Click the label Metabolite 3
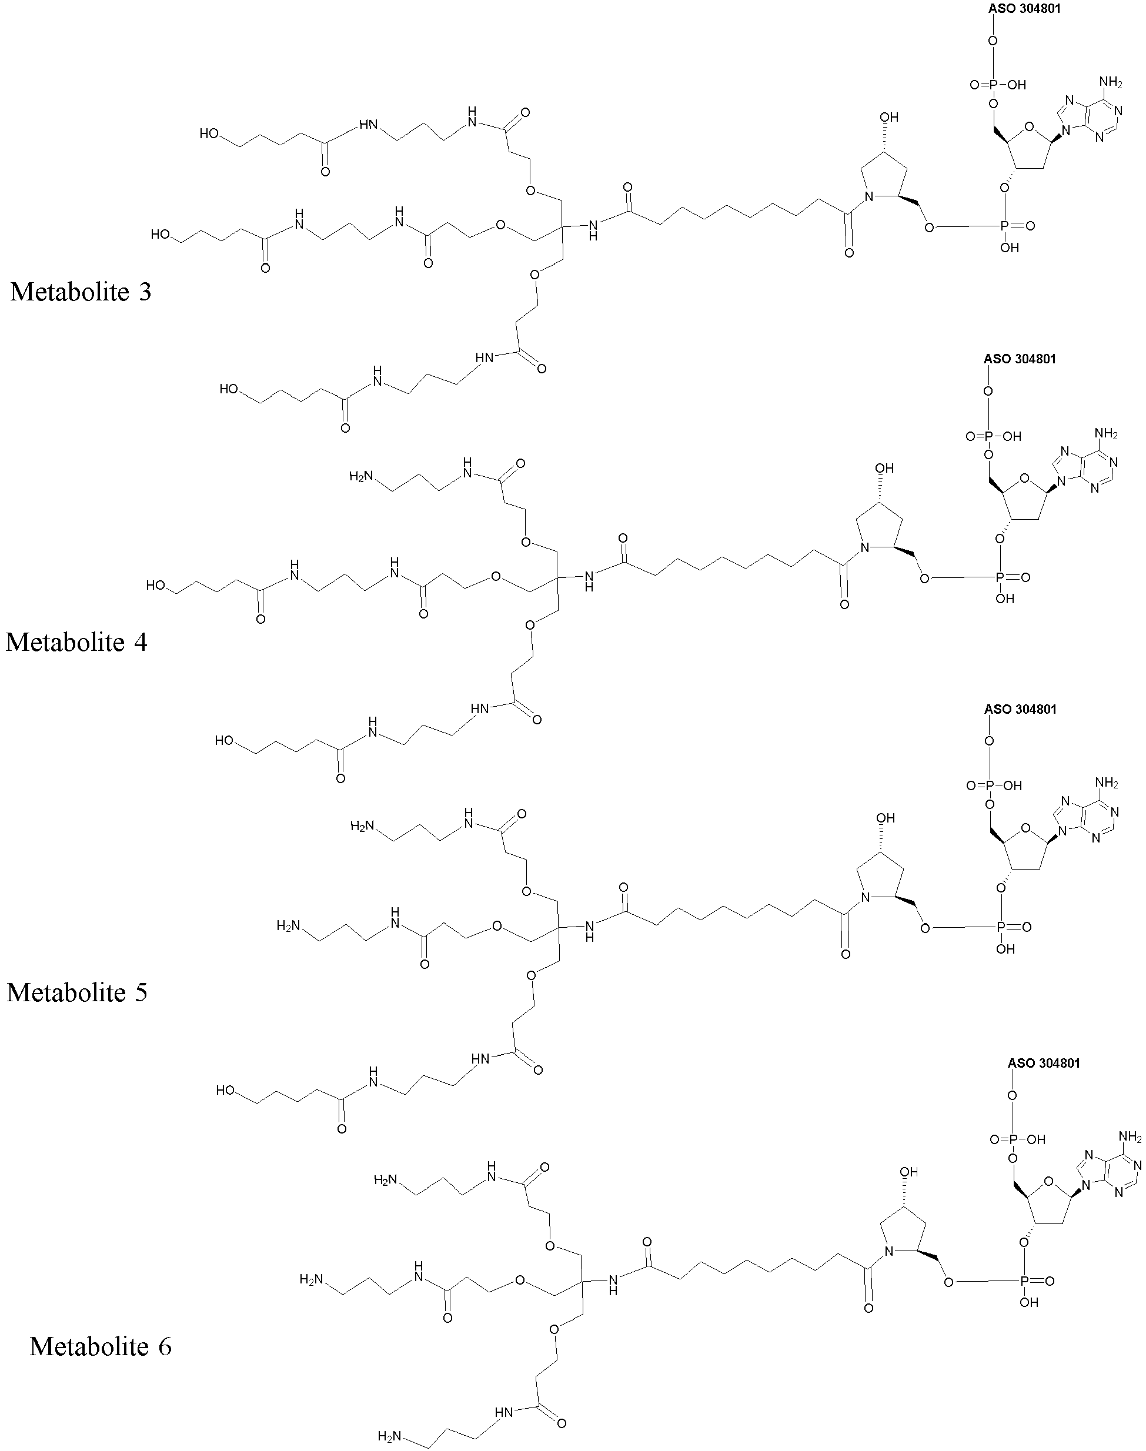81,292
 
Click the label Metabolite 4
76,642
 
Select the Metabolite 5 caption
77,992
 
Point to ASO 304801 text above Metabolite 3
1024,9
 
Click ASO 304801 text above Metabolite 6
1044,1062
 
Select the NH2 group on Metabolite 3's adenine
1111,82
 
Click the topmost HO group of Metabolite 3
209,133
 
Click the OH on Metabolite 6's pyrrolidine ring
908,1172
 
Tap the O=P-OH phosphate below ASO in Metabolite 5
994,785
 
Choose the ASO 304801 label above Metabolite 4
1020,359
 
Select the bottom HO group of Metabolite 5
225,1090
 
